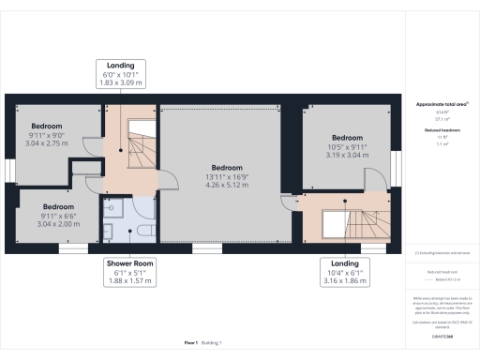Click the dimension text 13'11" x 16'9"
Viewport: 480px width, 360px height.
(x=226, y=176)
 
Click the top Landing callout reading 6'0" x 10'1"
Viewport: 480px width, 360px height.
(x=122, y=74)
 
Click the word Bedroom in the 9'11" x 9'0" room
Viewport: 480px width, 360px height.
(x=47, y=126)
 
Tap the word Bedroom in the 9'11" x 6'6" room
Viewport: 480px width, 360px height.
(x=58, y=205)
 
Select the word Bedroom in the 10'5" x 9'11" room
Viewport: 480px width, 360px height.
(x=346, y=138)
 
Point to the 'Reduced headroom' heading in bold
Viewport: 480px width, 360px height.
(x=441, y=130)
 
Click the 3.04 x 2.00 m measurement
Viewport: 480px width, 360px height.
(x=58, y=224)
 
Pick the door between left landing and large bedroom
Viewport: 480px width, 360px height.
(x=165, y=181)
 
